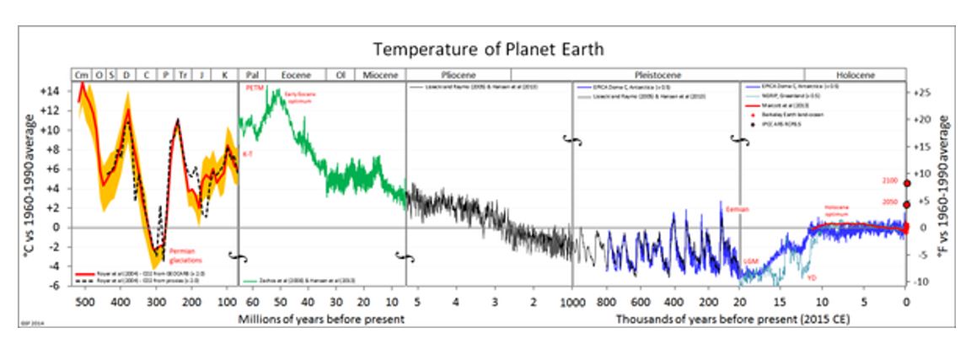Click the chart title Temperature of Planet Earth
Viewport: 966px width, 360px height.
(488, 48)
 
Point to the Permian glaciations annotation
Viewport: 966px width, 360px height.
(185, 255)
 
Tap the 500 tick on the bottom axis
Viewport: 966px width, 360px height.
(83, 301)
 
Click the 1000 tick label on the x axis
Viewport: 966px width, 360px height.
(572, 301)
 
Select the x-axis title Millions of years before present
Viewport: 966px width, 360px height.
(321, 319)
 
